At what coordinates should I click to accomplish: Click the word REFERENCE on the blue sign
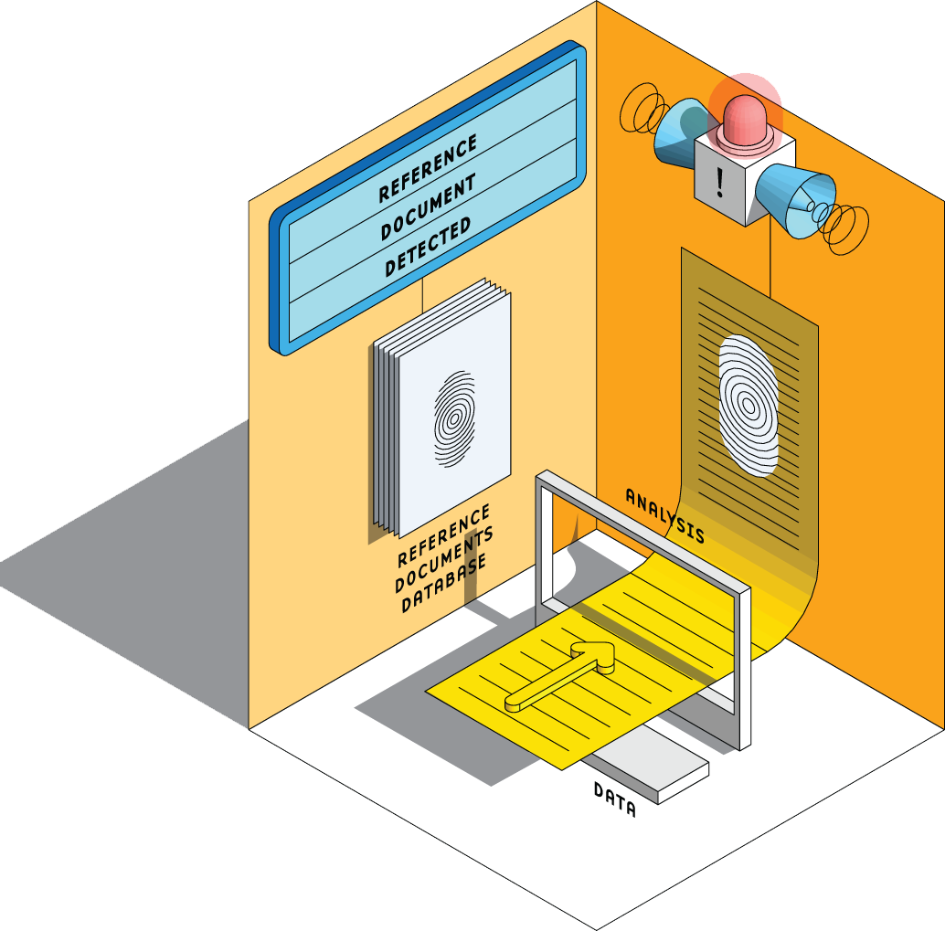pos(428,168)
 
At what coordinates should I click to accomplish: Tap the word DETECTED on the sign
pos(428,247)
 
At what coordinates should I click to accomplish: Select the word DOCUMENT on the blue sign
pos(428,207)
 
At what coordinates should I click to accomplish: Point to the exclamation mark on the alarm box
pos(721,182)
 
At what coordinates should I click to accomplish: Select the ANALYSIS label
pos(664,514)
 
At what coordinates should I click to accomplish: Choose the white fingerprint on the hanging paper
pos(749,403)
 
